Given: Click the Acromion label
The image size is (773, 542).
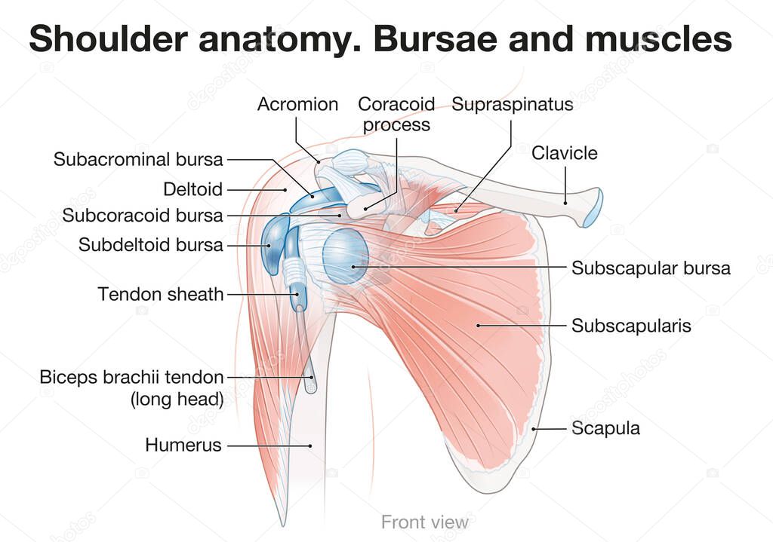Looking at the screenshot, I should pos(297,104).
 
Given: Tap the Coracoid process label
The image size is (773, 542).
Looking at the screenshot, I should pos(396,114).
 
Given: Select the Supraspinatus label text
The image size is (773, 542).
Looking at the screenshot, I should pos(513,104).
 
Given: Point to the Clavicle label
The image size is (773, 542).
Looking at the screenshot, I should pos(564,153).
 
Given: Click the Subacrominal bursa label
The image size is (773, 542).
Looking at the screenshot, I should pos(138,159).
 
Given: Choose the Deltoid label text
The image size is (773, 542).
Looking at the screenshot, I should pos(193,189).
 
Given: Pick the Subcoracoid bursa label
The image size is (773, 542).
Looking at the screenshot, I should pos(143,216).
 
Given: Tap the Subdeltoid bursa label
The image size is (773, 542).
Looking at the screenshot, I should pos(151,245).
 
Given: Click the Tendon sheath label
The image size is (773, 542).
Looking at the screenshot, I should pos(161,293).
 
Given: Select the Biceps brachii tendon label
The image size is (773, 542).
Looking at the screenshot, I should pos(132,377).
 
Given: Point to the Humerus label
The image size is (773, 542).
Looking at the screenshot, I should pos(183,446).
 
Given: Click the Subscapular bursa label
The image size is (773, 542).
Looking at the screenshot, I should pos(651,268).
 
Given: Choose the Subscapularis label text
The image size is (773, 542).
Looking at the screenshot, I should pos(631,326).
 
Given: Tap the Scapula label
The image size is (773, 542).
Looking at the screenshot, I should pos(605,428).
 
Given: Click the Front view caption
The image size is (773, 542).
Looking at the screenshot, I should pos(424,522).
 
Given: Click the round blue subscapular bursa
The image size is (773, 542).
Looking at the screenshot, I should pos(345,256).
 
